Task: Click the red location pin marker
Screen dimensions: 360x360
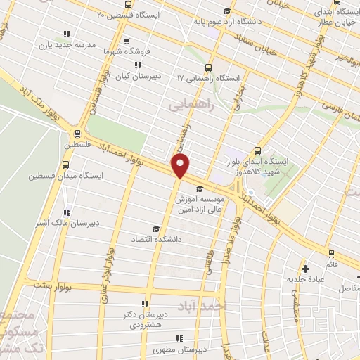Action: point(181,167)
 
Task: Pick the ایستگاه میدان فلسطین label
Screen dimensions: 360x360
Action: point(57,175)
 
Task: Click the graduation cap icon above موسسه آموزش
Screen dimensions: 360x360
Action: point(200,188)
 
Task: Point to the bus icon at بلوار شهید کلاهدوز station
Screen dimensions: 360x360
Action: point(257,150)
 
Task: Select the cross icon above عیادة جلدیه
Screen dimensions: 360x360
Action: point(305,268)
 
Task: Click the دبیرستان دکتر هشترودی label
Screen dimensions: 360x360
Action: point(146,319)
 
